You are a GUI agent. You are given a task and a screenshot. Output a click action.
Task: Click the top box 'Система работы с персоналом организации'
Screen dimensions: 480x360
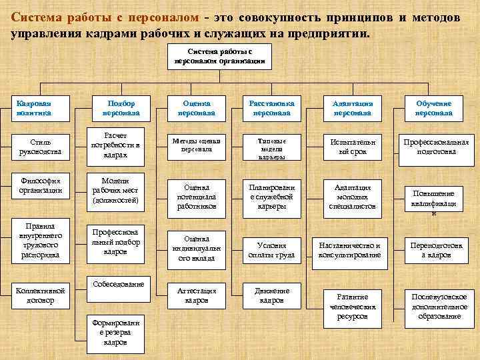pos(220,56)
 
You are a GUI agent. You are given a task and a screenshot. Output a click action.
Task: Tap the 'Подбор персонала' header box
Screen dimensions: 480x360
pos(121,109)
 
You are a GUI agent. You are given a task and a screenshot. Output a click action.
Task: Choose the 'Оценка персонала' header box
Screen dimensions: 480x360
pos(196,109)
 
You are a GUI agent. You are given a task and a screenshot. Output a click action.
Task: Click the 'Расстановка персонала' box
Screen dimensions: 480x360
pos(271,109)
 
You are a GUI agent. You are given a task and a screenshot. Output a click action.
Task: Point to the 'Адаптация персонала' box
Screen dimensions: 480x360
pos(353,109)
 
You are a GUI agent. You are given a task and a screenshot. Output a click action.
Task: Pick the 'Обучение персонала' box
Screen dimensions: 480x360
pos(433,109)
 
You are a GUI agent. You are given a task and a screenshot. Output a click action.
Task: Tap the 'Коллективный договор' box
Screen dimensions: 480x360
pos(41,295)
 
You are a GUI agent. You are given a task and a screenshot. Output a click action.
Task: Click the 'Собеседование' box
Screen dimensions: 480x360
pos(119,285)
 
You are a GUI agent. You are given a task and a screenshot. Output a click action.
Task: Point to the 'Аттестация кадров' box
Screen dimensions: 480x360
pos(196,295)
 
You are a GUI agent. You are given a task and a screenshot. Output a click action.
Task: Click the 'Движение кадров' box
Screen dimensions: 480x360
pos(271,295)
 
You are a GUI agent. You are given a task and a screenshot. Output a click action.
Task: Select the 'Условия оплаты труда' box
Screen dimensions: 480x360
pos(271,250)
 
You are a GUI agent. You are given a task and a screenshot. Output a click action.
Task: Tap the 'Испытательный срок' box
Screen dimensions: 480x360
pos(353,147)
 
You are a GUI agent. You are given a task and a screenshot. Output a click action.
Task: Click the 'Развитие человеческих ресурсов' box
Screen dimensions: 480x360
pos(353,306)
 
